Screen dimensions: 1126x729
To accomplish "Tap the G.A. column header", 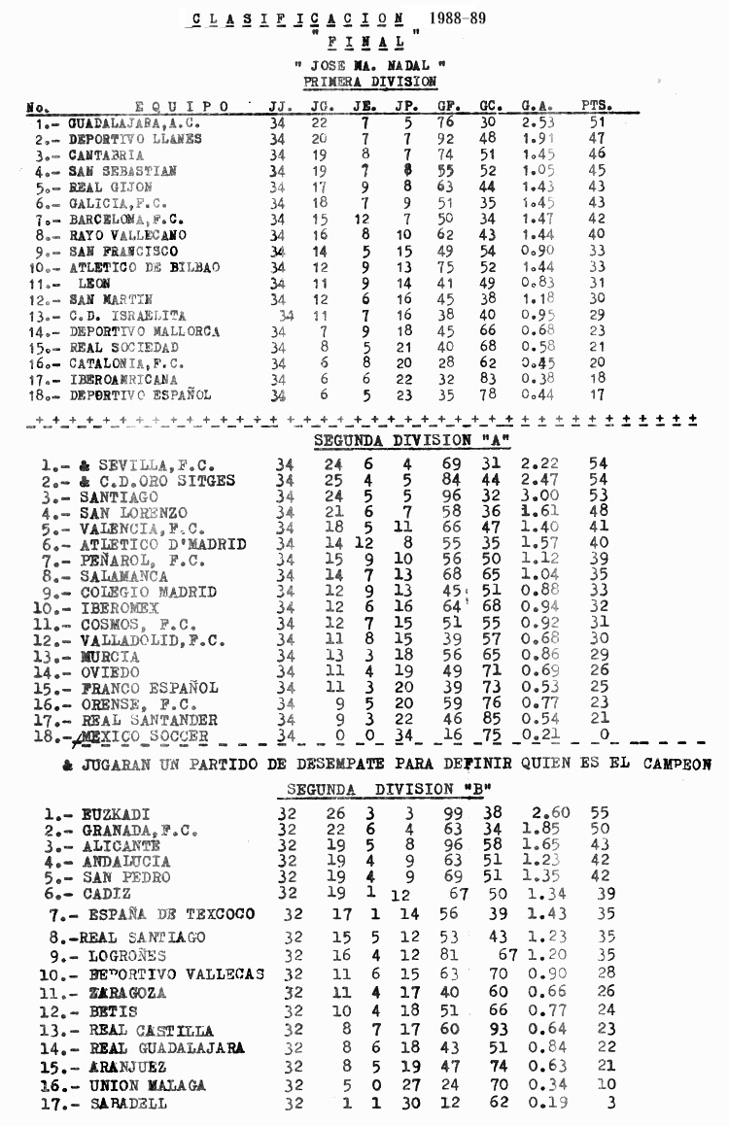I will coord(537,106).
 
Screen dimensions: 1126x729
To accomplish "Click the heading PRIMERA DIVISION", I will coord(369,83).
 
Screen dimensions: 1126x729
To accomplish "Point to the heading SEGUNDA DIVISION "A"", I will coord(399,442).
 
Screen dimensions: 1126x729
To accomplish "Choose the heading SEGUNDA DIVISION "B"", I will coord(385,790).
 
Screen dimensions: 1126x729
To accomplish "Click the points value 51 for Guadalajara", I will coord(597,123).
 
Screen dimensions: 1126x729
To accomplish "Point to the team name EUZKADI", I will coord(116,814).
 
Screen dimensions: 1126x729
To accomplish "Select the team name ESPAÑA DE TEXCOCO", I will coord(171,914).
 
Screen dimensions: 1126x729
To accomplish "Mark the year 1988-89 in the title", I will coord(457,18).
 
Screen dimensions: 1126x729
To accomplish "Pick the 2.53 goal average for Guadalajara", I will coord(538,123).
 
